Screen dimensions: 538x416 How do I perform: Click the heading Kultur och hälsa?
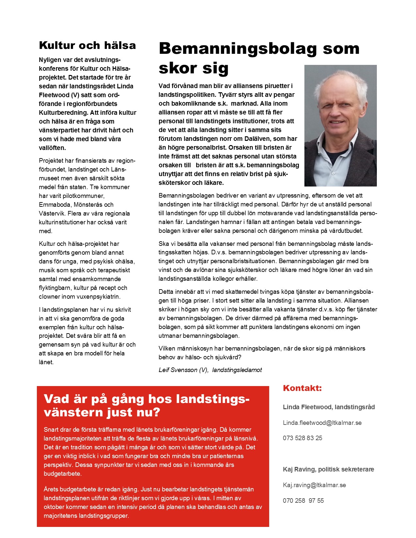click(x=87, y=45)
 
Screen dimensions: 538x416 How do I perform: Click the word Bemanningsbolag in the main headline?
click(x=238, y=49)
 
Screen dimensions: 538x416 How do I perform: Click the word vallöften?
click(x=52, y=148)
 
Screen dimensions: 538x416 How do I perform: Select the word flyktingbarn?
click(x=54, y=288)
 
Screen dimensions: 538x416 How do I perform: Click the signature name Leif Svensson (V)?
click(x=183, y=370)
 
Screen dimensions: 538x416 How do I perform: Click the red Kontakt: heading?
click(x=302, y=388)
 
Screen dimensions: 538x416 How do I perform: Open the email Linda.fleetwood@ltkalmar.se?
click(x=322, y=423)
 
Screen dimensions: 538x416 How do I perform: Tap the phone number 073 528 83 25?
click(x=302, y=438)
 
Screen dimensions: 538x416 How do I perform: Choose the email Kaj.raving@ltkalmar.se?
click(x=314, y=485)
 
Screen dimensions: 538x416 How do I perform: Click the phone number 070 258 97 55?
click(x=303, y=501)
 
